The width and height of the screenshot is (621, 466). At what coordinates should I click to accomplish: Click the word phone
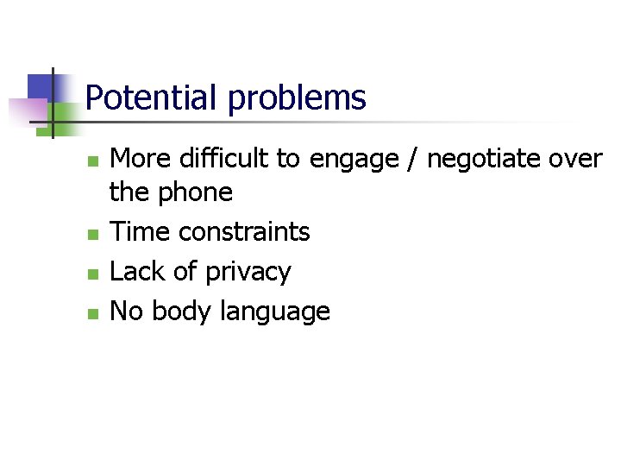196,192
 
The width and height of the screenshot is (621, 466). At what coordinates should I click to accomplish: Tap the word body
180,311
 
